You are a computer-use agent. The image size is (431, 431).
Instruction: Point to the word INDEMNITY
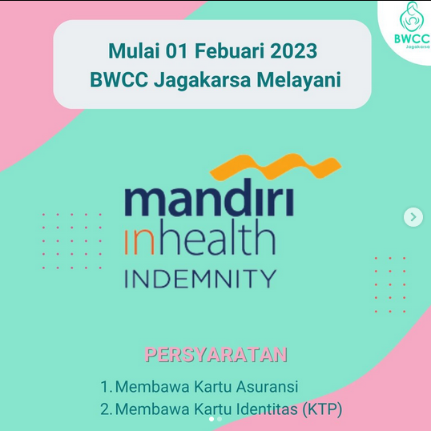click(x=200, y=279)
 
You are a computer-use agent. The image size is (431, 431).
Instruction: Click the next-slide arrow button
click(x=413, y=216)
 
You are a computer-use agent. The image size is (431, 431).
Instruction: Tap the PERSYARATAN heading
click(x=215, y=354)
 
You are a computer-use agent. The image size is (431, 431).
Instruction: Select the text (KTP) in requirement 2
click(x=322, y=409)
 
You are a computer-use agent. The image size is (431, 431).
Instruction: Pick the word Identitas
click(x=268, y=409)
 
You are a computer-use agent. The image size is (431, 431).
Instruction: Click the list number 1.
click(x=105, y=386)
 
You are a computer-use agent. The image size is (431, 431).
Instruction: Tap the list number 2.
click(x=105, y=409)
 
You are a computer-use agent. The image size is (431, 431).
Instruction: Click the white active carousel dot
click(x=211, y=419)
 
